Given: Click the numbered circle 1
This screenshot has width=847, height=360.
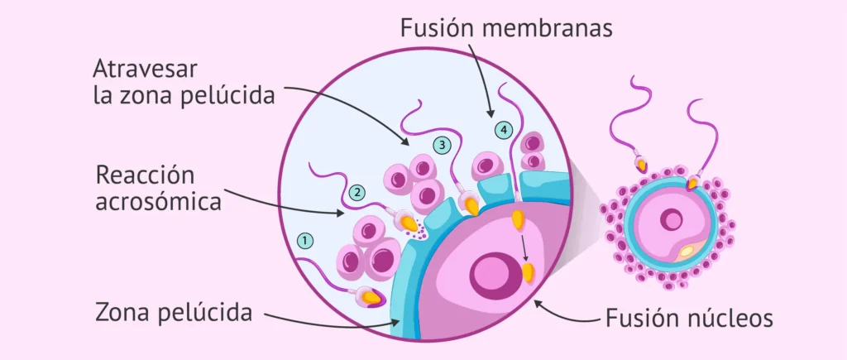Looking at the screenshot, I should pos(306,241).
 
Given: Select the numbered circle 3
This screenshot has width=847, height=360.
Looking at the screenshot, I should pos(442,145).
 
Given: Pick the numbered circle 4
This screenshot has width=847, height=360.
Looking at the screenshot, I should pos(503,130).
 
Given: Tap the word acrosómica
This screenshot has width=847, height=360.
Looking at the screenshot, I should pos(159,203).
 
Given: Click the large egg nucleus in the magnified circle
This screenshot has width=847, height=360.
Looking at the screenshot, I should pos(491,272).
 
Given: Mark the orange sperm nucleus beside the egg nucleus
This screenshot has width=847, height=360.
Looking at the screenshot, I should pos(528,273).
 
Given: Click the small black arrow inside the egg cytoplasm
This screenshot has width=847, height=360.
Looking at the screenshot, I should pos(524,248).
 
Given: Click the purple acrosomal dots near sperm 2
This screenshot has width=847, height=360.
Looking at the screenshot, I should pos(420,232).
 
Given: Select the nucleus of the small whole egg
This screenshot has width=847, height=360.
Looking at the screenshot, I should pos(672,220).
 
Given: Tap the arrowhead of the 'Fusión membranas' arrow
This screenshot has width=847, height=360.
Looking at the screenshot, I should pos(490,114).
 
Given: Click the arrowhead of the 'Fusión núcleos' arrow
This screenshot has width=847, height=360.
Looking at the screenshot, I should pos(538,303).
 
